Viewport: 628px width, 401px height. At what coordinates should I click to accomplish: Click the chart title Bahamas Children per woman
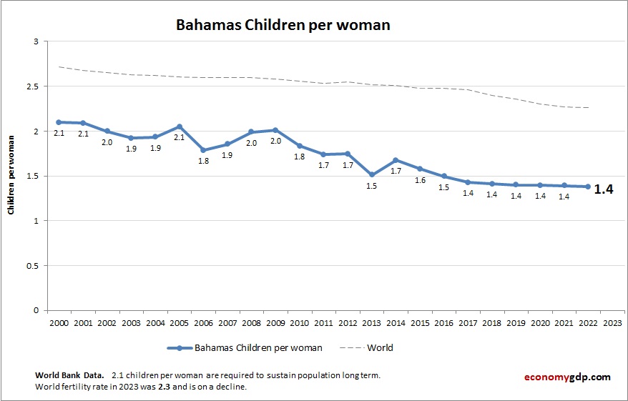click(283, 25)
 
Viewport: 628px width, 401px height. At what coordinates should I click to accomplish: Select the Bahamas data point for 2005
click(180, 127)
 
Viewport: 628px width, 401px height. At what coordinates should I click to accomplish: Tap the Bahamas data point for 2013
click(372, 174)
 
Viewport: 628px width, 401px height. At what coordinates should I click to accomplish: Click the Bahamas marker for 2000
click(59, 122)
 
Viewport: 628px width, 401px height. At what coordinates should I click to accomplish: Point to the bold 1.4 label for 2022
click(603, 189)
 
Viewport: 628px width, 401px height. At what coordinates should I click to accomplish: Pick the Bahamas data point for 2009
click(275, 130)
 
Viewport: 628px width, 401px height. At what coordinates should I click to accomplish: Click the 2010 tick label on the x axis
click(300, 322)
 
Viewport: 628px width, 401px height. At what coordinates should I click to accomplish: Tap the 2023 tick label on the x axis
click(612, 322)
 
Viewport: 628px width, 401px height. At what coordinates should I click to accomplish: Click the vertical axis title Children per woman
click(11, 177)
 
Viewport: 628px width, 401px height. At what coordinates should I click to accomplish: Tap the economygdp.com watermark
click(568, 377)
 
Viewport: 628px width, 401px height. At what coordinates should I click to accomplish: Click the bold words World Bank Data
click(69, 375)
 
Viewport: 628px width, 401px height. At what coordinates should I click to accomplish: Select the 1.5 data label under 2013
click(371, 186)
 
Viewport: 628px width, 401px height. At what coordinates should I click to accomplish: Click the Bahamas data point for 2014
click(396, 160)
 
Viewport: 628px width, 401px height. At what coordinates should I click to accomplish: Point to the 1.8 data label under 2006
click(203, 161)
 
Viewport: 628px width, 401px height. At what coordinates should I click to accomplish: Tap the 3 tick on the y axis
click(35, 42)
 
